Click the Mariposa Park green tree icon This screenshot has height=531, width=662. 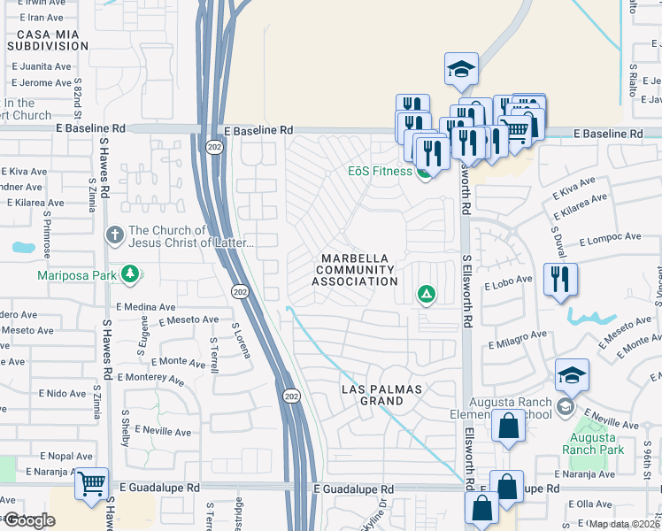coord(131,274)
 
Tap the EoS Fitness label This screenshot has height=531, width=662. coord(380,171)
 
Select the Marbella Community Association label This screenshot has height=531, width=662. coord(355,269)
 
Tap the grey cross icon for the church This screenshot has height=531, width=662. coord(114,235)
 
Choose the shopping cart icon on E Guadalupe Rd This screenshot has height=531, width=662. coord(92,484)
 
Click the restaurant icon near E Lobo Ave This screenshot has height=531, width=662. coord(559,280)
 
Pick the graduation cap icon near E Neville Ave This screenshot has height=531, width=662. coord(572,374)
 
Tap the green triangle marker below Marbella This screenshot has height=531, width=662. coord(427,294)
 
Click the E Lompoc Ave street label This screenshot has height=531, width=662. coord(610,237)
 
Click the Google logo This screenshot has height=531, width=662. coord(28,520)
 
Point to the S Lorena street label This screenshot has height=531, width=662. coord(242,339)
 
